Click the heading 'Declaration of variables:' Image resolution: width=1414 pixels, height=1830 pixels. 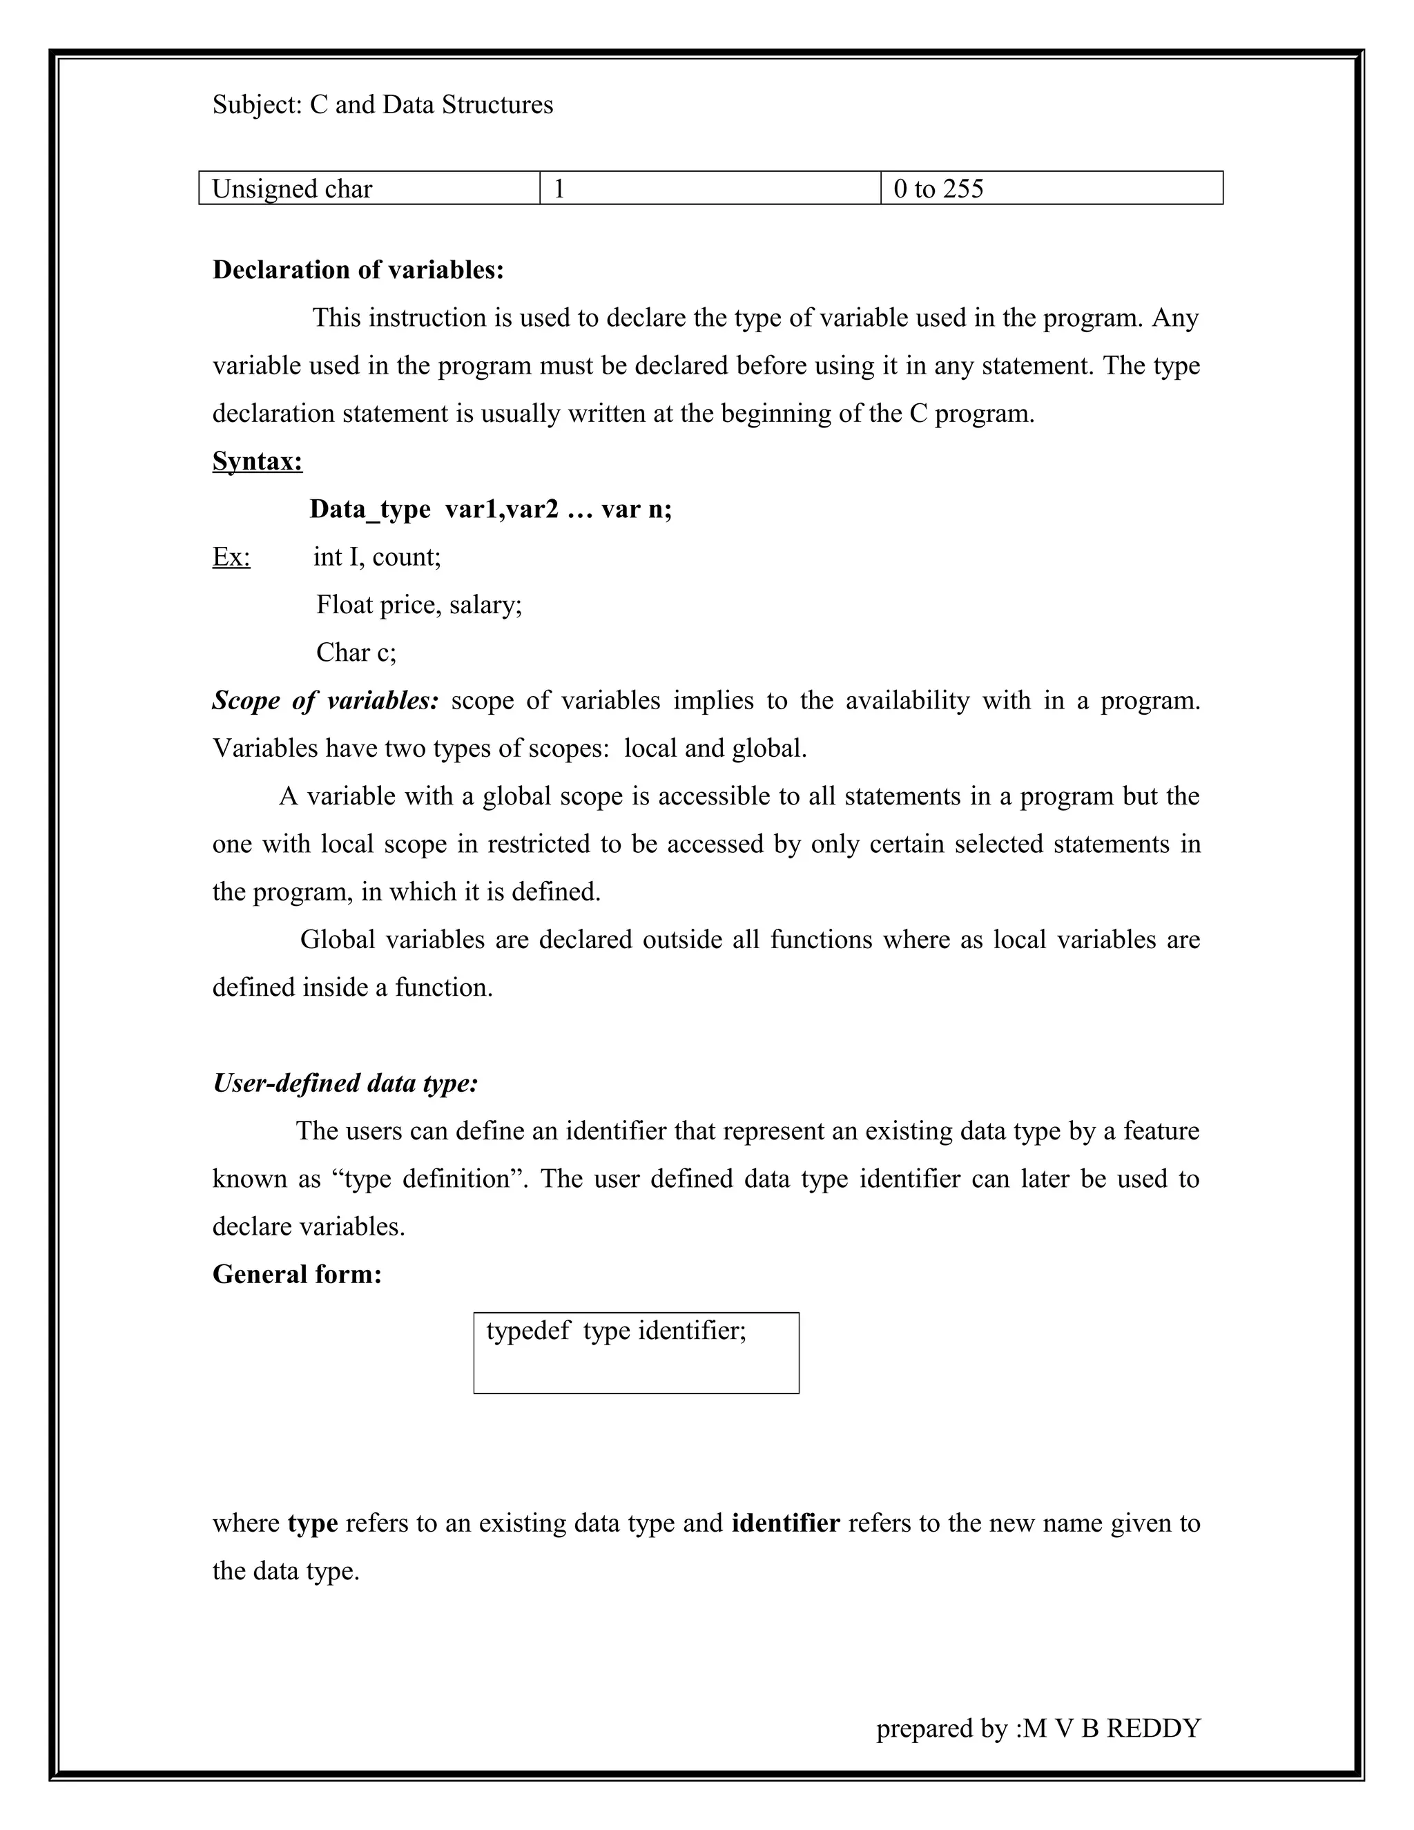pyautogui.click(x=358, y=270)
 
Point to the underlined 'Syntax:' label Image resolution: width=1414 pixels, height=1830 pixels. pyautogui.click(x=257, y=461)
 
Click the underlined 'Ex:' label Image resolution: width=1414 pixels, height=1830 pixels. pyautogui.click(x=231, y=557)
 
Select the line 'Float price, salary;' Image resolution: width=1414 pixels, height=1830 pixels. pyautogui.click(x=419, y=604)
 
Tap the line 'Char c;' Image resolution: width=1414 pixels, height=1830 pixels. pyautogui.click(x=356, y=652)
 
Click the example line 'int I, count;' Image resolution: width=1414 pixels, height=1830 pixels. pyautogui.click(x=377, y=557)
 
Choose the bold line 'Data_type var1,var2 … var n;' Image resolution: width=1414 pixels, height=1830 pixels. pyautogui.click(x=490, y=509)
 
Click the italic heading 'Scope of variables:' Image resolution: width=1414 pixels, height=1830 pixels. pyautogui.click(x=325, y=700)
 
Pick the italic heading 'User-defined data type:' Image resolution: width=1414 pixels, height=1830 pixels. pyautogui.click(x=345, y=1083)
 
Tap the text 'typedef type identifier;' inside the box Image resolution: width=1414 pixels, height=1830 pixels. pyautogui.click(x=616, y=1331)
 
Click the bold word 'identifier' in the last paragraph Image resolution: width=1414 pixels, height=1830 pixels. pyautogui.click(x=785, y=1523)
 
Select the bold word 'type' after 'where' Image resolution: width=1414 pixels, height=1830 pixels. pyautogui.click(x=313, y=1523)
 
